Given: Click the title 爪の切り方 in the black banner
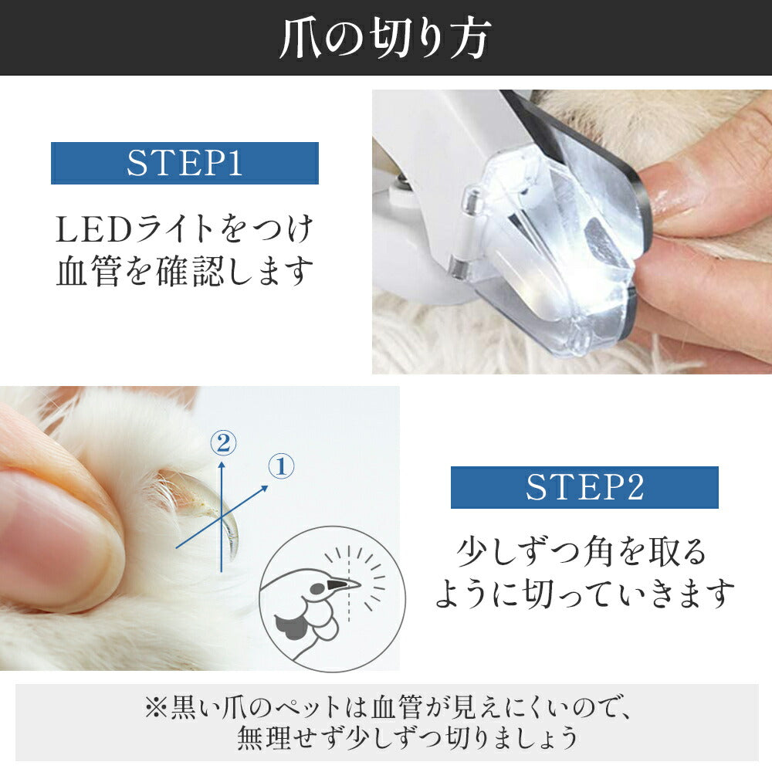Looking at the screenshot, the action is [x=384, y=39].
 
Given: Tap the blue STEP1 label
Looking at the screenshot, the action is [x=185, y=163].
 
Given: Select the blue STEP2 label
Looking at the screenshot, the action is [x=584, y=487].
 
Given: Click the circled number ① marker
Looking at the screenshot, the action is [x=281, y=466].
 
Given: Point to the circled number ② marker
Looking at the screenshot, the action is [x=223, y=443].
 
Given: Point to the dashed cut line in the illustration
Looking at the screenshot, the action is [x=349, y=584].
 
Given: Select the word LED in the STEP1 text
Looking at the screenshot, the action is [x=93, y=229].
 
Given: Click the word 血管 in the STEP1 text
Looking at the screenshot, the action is [x=89, y=271].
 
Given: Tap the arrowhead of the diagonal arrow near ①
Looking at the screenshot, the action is [x=264, y=488].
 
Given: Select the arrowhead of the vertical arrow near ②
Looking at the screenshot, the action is [x=222, y=464].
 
